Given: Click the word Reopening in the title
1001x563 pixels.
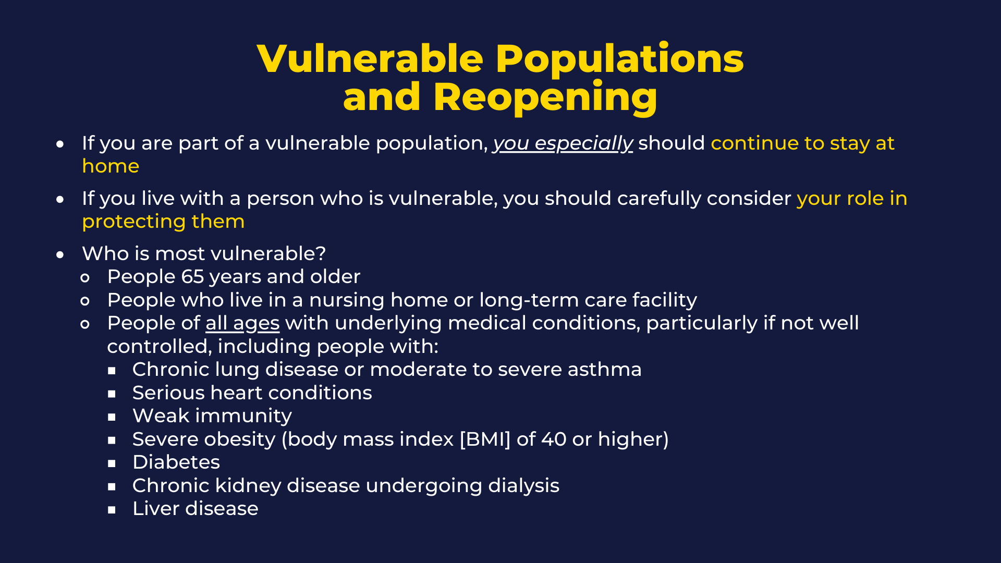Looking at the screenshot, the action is (545, 97).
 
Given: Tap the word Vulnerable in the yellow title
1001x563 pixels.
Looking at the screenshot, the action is (371, 58).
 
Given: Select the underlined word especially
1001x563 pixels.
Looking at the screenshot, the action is (584, 144).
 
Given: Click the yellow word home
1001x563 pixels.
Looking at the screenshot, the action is (111, 166).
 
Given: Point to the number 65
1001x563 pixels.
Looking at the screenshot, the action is (192, 277).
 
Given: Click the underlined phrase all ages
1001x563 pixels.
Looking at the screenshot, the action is (242, 324).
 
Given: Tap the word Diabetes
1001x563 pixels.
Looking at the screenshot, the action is (176, 462).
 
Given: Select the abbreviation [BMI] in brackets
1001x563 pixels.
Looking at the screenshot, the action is (485, 439).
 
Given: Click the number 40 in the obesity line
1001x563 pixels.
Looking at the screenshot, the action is (554, 439).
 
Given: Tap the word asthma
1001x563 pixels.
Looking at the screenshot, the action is (605, 370).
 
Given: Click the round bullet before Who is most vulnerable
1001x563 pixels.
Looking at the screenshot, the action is (60, 255).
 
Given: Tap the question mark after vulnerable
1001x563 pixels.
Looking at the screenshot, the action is (321, 254).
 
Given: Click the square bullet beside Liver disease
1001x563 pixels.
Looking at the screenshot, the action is (112, 510).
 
